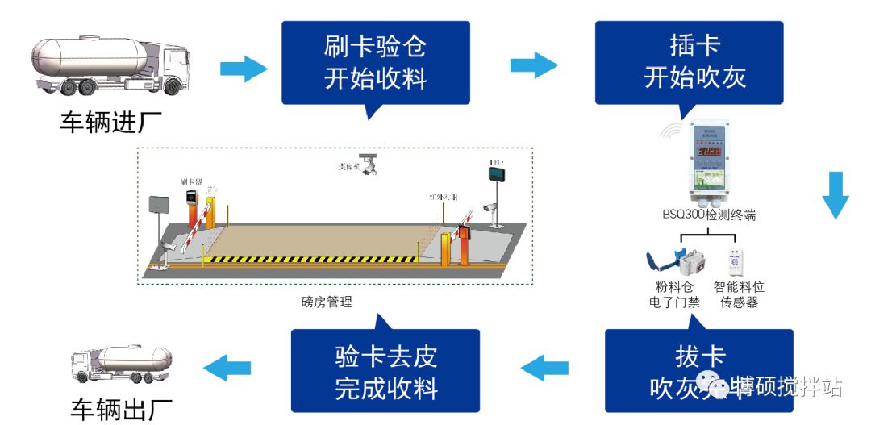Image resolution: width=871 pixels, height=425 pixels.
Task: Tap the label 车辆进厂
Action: pyautogui.click(x=110, y=123)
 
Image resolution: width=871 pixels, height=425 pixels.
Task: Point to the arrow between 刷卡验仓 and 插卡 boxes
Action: pyautogui.click(x=534, y=65)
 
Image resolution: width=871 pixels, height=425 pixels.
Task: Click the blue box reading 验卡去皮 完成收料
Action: pyautogui.click(x=385, y=372)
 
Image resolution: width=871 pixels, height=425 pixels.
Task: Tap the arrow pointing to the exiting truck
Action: pyautogui.click(x=227, y=369)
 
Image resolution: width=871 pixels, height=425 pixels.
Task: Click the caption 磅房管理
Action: pyautogui.click(x=325, y=302)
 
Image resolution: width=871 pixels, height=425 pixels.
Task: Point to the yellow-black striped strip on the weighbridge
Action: pyautogui.click(x=310, y=260)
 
